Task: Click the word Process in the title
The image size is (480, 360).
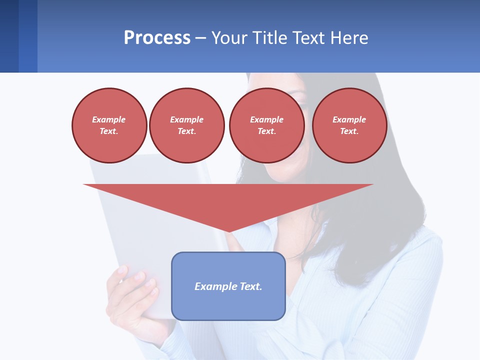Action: pos(157,38)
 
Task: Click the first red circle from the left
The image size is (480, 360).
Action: pos(109,125)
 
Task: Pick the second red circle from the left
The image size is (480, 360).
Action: pos(187,125)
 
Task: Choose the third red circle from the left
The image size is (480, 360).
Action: pos(266,125)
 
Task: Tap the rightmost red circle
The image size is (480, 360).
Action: pos(349,125)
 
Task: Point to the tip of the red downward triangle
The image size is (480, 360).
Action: pos(228,231)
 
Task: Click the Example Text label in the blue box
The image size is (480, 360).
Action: pos(228,286)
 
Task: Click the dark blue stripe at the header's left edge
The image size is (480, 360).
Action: pos(9,36)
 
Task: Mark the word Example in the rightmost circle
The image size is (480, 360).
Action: pos(349,119)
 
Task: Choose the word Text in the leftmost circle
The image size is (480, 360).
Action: pos(108,131)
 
